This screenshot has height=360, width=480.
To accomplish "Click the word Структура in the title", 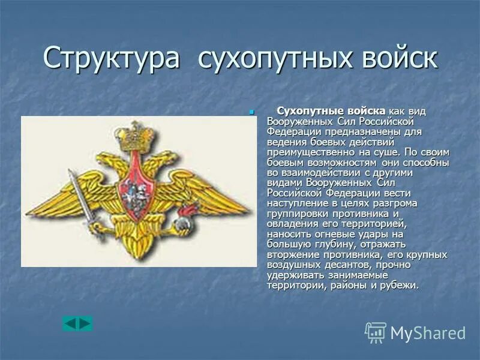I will [x=112, y=60].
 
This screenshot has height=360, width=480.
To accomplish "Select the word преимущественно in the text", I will [x=308, y=152].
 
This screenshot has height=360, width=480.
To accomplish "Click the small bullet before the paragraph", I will [x=251, y=112].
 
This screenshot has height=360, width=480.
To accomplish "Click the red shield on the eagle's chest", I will [x=136, y=192].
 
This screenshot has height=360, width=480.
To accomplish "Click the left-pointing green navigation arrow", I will [x=70, y=324].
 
